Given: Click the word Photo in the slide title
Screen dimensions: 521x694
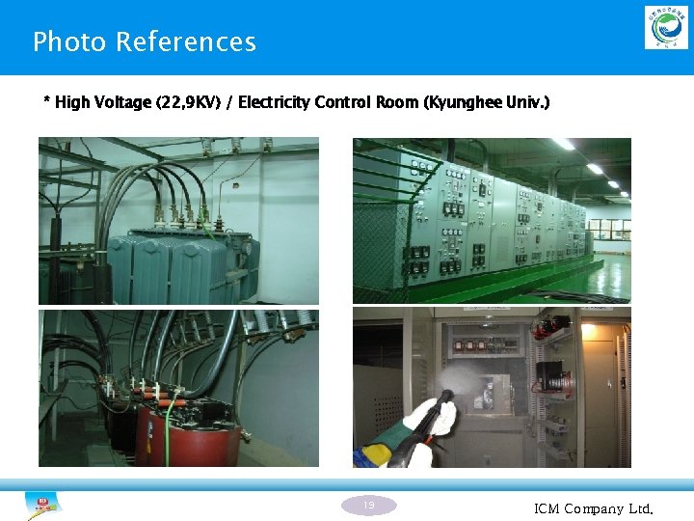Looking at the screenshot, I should [69, 42].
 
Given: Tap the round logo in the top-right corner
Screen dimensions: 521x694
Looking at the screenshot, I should [666, 27].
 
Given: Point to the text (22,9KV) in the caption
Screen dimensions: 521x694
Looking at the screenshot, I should [193, 102].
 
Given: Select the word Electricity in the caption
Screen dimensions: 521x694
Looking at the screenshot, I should [275, 102].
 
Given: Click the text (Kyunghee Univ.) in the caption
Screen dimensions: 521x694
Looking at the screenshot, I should [487, 102].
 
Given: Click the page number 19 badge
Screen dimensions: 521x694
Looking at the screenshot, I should [369, 505].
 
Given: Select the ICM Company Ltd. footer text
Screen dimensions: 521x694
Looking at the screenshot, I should [594, 508].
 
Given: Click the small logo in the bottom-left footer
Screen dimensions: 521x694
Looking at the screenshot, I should [43, 504].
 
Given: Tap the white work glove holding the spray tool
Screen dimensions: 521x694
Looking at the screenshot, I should [430, 416].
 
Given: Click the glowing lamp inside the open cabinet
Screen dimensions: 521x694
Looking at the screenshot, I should [588, 331].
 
